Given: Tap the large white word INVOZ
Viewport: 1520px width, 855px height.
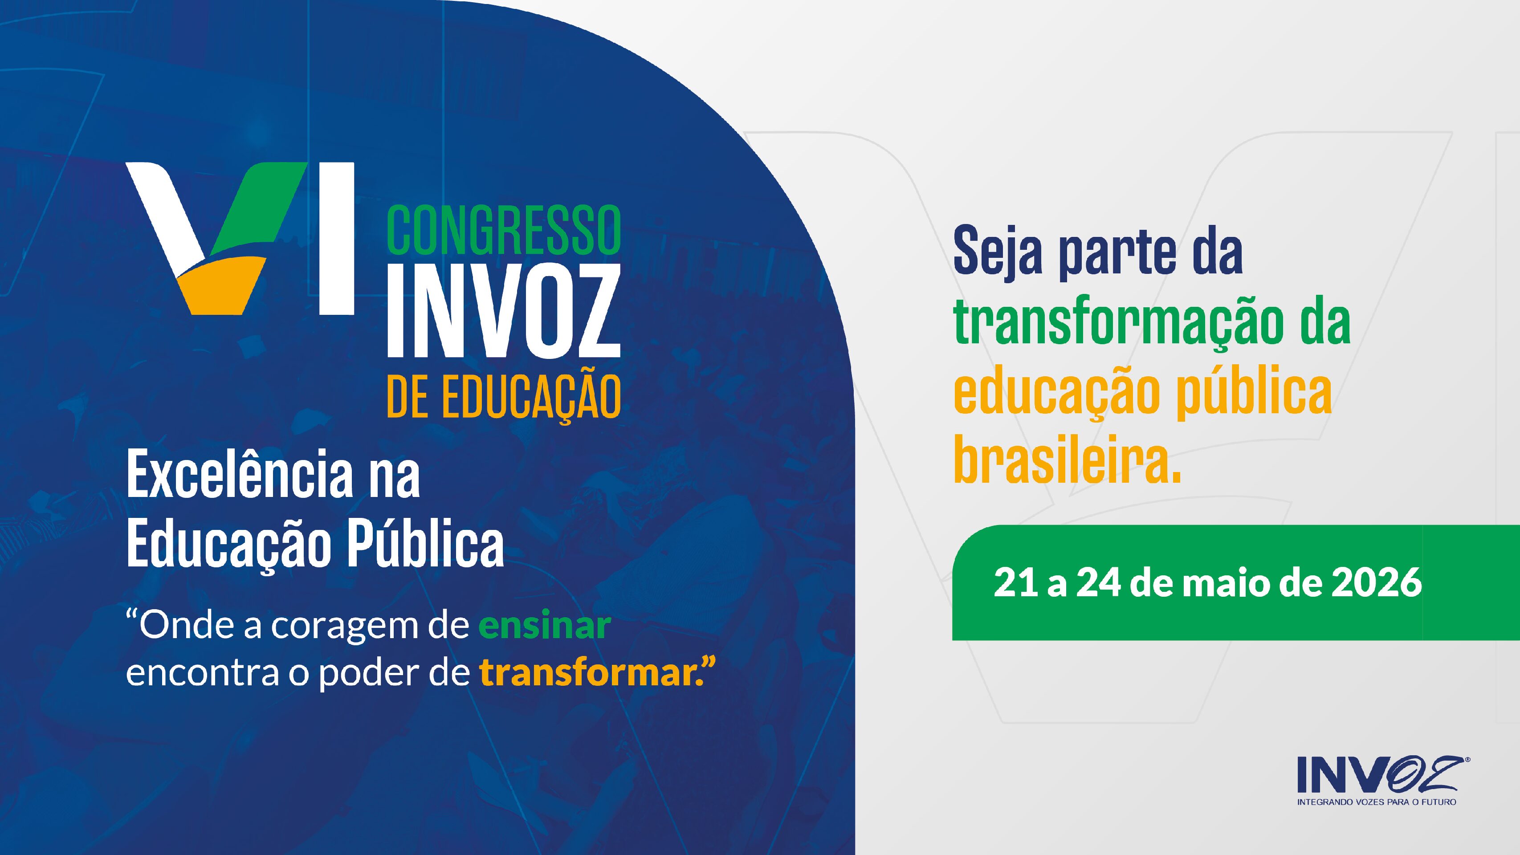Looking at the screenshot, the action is coord(503,310).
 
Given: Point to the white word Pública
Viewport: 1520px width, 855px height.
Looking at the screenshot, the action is coord(425,543).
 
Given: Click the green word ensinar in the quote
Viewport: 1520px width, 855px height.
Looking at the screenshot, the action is coord(544,626).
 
